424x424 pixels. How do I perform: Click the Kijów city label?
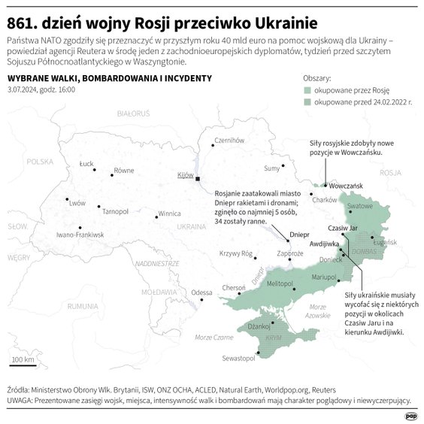click(185, 175)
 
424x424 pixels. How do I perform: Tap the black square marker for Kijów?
click(198, 180)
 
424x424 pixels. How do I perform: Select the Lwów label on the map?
click(77, 203)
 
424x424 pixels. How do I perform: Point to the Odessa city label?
click(201, 292)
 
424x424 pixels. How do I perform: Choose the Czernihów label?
click(230, 140)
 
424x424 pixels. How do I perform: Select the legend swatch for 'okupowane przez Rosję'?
click(307, 89)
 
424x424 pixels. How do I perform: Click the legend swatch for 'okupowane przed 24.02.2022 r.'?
click(307, 101)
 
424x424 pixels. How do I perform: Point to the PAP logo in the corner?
click(410, 414)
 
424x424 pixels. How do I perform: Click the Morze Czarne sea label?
click(214, 338)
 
